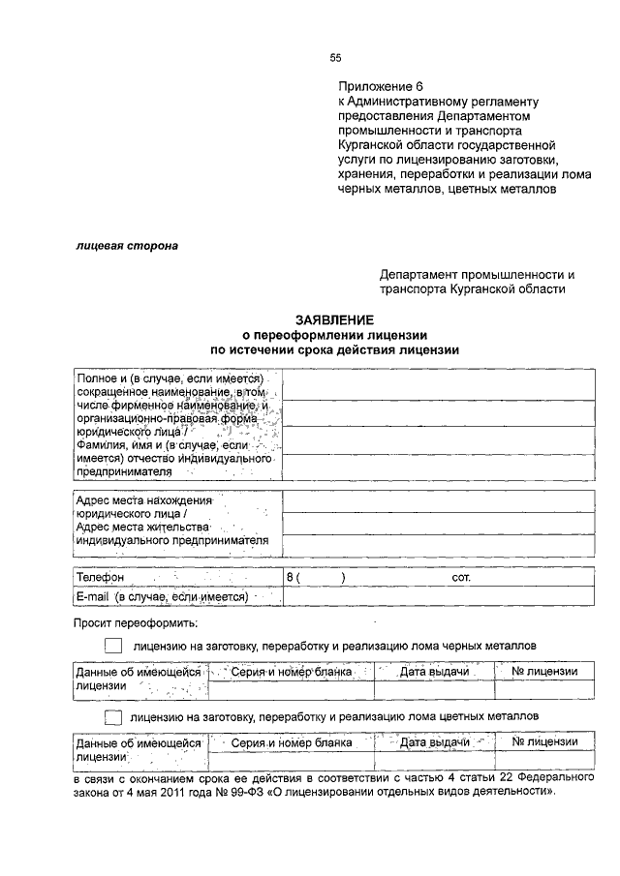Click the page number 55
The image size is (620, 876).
point(335,58)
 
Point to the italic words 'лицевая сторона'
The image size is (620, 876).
point(127,246)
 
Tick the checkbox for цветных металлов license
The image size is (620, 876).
point(113,716)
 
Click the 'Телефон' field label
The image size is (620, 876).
point(101,577)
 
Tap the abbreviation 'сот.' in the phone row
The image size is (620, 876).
point(461,577)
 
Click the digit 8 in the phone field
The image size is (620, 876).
point(289,577)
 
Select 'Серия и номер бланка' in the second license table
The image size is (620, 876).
point(292,741)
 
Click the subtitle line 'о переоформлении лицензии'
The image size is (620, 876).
point(335,335)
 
